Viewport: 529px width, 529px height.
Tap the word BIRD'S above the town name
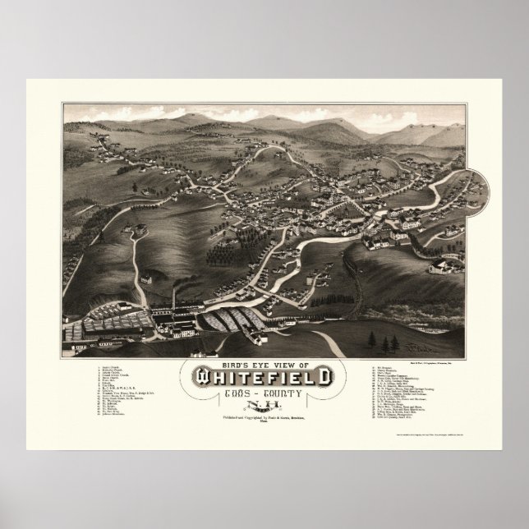234,364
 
